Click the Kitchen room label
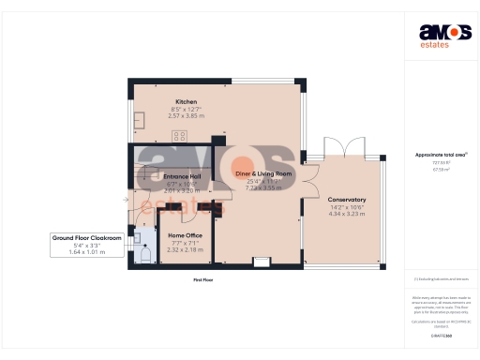point(186,101)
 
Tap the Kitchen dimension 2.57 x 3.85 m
point(186,115)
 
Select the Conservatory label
point(346,200)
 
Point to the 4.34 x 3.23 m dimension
point(346,214)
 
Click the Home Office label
point(185,235)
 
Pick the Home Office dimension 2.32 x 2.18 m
point(185,249)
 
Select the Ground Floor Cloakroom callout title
point(86,239)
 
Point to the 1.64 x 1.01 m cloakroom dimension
point(86,253)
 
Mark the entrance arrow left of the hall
point(126,199)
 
